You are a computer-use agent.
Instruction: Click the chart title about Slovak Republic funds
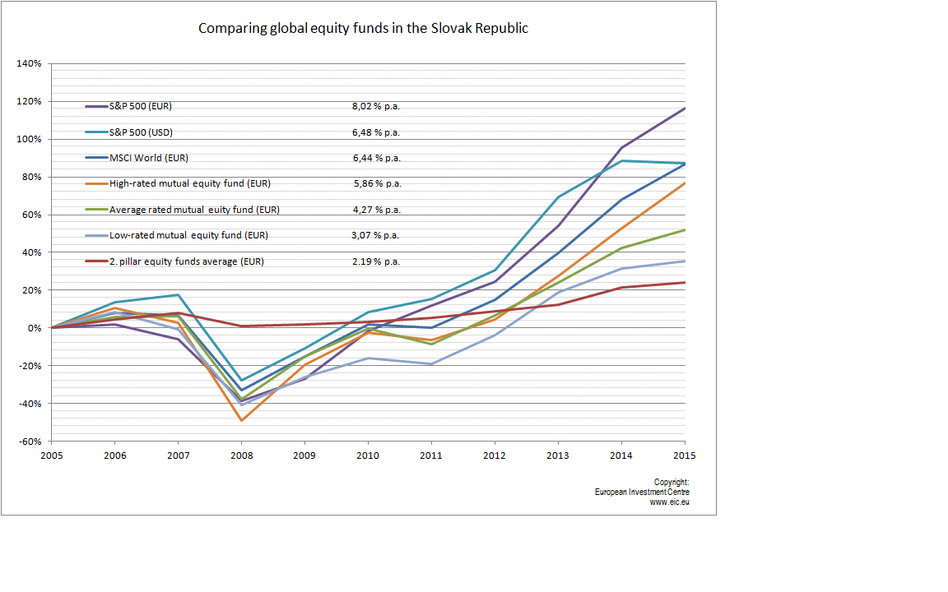[363, 29]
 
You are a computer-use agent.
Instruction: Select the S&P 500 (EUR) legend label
[140, 106]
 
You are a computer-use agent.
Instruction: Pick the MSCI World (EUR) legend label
[149, 158]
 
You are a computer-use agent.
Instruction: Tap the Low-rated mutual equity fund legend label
[188, 236]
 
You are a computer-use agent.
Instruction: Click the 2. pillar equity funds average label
[187, 261]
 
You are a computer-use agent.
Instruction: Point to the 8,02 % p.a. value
[376, 106]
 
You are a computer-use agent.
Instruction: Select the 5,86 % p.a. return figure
[377, 183]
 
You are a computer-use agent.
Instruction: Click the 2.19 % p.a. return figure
[376, 261]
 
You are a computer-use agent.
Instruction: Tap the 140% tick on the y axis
[29, 63]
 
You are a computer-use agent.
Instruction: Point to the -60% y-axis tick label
[30, 442]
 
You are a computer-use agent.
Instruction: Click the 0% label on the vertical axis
[35, 328]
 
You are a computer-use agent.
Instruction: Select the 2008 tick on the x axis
[242, 456]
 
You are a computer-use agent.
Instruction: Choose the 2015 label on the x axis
[685, 456]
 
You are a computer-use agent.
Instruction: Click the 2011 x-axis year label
[431, 456]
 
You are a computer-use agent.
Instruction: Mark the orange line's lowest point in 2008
[242, 420]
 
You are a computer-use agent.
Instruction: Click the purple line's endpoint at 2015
[685, 109]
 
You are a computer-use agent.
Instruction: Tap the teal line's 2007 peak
[179, 295]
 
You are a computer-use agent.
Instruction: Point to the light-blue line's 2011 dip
[432, 364]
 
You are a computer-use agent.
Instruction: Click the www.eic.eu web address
[669, 502]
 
